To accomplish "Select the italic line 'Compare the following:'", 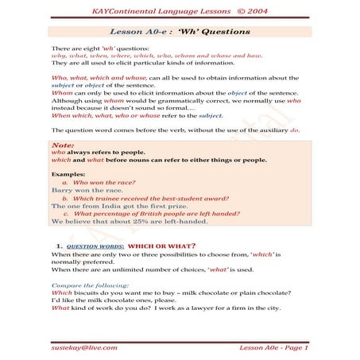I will coord(90,285).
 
